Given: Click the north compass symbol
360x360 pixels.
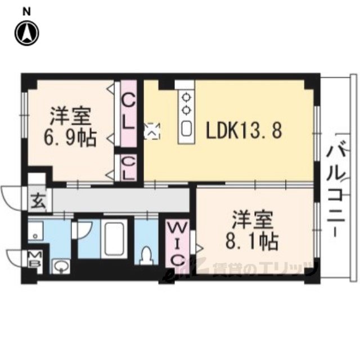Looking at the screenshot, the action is (x=27, y=34).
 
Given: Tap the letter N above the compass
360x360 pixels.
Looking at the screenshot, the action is (x=26, y=12).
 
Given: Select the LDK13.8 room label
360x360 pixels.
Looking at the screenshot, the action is (x=244, y=130).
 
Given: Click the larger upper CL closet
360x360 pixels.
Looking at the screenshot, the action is (x=129, y=114).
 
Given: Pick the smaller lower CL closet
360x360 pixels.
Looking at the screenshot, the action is (x=129, y=168).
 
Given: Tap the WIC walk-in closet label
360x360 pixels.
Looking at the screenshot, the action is (x=177, y=245).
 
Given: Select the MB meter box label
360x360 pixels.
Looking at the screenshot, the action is (x=35, y=259).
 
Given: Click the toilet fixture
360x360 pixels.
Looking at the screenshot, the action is (x=146, y=256).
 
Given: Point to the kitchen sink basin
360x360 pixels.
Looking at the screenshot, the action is (x=186, y=129).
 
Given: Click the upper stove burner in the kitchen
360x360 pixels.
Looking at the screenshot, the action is (x=186, y=97).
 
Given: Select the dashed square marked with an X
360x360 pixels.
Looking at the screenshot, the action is (x=152, y=131).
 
